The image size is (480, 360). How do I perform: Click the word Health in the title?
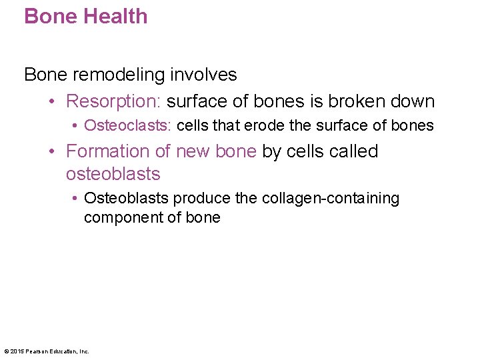coord(115,16)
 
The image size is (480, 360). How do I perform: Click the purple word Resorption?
coord(113,102)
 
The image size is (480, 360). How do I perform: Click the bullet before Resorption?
coord(53,102)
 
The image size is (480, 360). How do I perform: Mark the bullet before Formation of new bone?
coord(53,152)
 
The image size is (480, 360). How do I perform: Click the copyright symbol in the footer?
coord(6,351)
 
